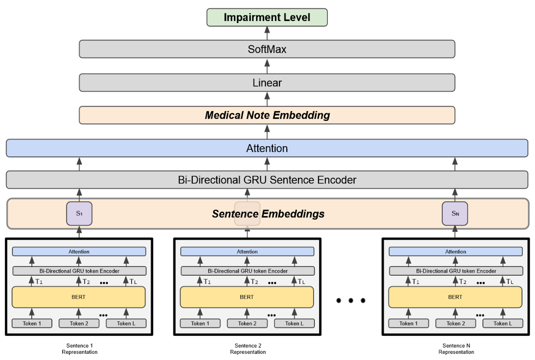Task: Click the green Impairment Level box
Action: (267, 18)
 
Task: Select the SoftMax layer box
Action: (267, 49)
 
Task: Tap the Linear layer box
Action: (267, 83)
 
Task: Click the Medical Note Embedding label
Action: (267, 115)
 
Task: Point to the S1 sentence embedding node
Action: (79, 214)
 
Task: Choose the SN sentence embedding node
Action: (455, 214)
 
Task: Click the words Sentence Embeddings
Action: (268, 214)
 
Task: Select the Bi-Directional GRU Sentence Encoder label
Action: (267, 180)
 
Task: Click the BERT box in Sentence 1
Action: (79, 297)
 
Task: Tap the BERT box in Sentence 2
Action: (247, 297)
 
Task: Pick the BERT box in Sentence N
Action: (455, 297)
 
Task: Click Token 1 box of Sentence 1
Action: (32, 323)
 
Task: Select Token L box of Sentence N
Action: (502, 323)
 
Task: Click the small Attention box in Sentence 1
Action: (79, 252)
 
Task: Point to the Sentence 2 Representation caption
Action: (248, 349)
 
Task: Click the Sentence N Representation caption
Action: (456, 349)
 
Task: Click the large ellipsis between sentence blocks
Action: (351, 300)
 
